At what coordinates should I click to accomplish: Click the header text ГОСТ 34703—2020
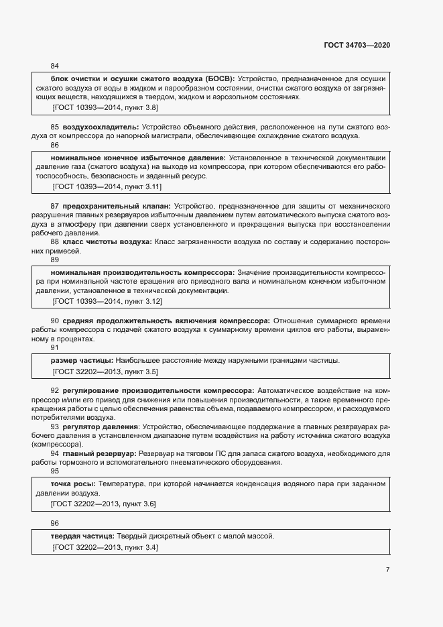(356, 45)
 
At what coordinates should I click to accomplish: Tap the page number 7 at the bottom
(387, 569)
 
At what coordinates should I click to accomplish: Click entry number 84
(55, 66)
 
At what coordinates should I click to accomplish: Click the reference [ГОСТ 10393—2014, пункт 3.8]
(105, 107)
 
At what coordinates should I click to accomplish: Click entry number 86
(55, 145)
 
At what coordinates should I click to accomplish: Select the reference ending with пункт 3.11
(107, 186)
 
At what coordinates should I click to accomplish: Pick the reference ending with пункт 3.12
(107, 302)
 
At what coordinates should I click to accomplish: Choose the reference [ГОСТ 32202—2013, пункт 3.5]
(105, 372)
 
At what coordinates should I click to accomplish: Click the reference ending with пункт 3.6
(105, 504)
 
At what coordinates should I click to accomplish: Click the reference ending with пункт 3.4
(105, 548)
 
